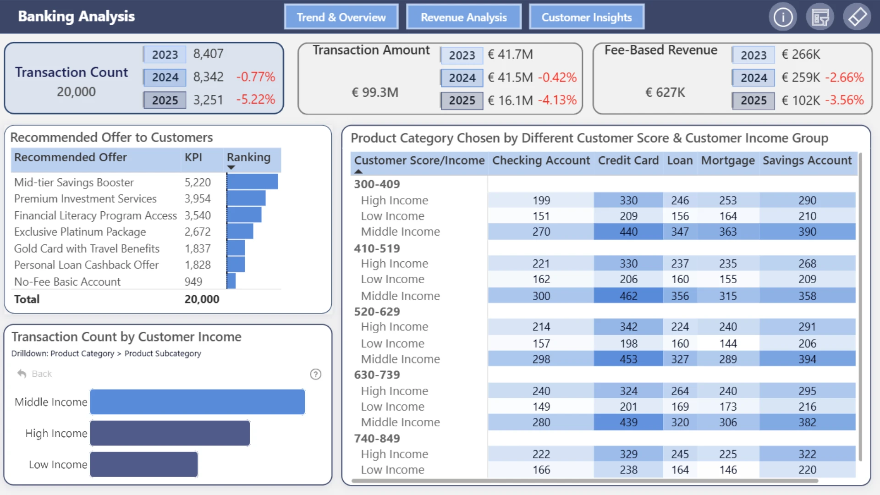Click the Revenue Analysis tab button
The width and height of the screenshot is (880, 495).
tap(464, 17)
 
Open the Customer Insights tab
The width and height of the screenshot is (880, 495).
tap(587, 17)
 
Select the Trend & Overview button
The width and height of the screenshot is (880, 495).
tap(341, 17)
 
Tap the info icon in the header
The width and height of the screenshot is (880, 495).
tap(783, 17)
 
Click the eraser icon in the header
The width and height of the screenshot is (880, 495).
tap(857, 17)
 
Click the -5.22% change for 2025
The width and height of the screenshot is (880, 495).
tap(256, 99)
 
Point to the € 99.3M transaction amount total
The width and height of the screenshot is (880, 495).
tap(375, 92)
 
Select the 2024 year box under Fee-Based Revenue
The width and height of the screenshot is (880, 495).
tap(753, 77)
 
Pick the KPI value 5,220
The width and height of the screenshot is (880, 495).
tap(198, 182)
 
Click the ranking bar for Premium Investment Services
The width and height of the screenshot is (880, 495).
tap(246, 198)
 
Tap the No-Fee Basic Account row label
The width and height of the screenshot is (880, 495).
tap(67, 281)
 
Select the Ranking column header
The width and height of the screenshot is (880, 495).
tap(249, 157)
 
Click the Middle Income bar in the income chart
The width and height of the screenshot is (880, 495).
tap(198, 402)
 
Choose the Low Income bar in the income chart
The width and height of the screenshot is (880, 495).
tap(144, 464)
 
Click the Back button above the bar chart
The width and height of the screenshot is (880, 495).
tap(35, 374)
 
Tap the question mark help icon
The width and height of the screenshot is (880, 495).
tap(315, 374)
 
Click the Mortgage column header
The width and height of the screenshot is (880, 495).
tap(728, 160)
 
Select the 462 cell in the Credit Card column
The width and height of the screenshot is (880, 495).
tap(628, 296)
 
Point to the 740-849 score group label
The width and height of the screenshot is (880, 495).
tap(377, 438)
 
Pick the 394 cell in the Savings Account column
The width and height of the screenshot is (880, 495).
tap(807, 359)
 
